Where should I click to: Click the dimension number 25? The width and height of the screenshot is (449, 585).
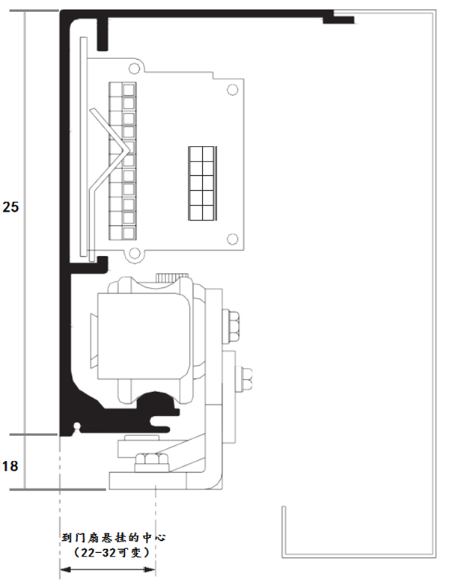tap(10, 206)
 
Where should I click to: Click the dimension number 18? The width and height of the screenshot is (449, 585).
tap(10, 466)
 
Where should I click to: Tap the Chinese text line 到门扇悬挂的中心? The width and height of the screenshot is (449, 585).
tap(114, 538)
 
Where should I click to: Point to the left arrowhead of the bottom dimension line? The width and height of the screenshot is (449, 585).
tap(65, 570)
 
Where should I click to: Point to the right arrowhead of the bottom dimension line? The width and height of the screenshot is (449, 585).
tap(150, 570)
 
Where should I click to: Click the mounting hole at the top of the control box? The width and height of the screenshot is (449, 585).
tap(133, 69)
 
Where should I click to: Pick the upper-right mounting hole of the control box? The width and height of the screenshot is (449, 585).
tap(232, 90)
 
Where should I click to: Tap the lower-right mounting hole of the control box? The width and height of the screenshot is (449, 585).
tap(233, 239)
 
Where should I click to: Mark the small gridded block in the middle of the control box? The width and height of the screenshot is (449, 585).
tap(202, 183)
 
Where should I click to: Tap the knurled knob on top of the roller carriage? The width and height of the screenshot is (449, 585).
tap(171, 278)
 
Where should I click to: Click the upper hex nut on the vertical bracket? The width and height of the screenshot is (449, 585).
tap(230, 325)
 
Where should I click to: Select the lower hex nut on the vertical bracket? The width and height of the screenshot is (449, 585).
tap(244, 379)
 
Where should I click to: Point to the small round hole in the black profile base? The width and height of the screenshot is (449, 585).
tap(77, 425)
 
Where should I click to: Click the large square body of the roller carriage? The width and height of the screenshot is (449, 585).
tap(144, 336)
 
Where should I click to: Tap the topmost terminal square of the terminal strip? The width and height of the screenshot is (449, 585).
tap(129, 90)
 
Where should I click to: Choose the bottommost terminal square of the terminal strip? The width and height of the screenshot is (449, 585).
tap(129, 233)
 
